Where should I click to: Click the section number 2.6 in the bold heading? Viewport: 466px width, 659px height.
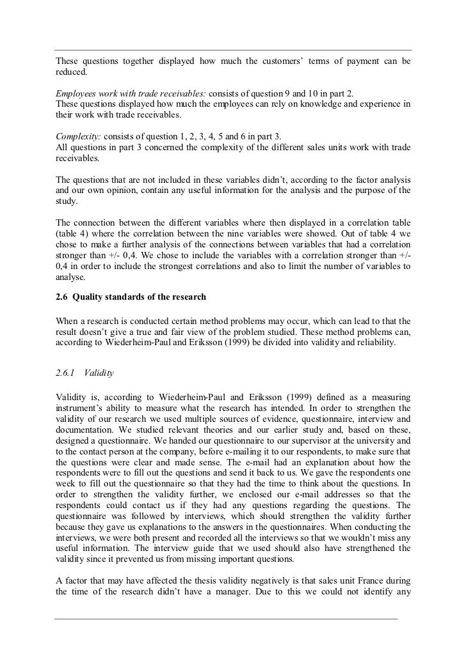pos(61,295)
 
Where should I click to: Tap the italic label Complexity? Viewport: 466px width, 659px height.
pos(77,137)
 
